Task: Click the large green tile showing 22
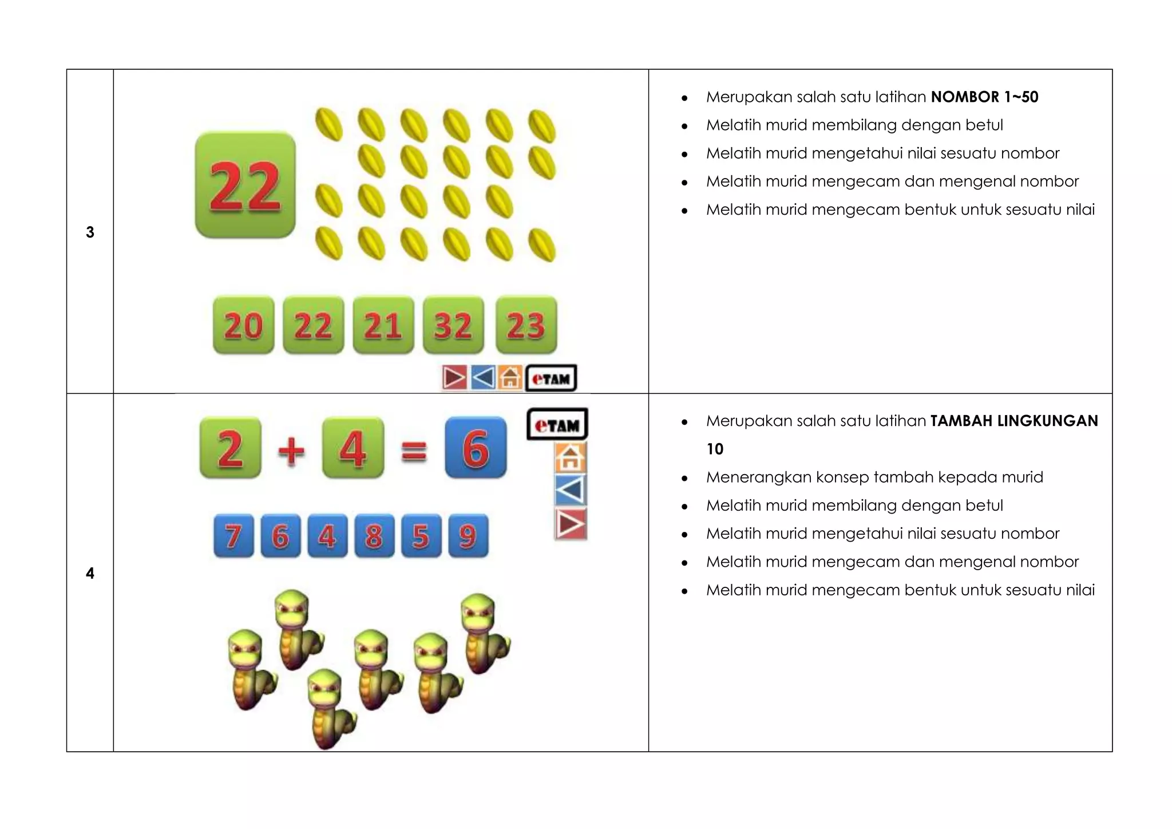[x=245, y=185]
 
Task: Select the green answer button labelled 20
[x=243, y=325]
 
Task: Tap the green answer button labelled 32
[x=453, y=325]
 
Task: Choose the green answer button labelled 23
[x=526, y=325]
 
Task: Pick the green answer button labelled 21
[x=383, y=325]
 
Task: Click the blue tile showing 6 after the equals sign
[x=476, y=448]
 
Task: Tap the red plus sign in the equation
[x=291, y=450]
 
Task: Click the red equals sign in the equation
[x=414, y=451]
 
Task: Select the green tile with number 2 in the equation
[x=230, y=448]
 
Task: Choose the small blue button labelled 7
[x=233, y=536]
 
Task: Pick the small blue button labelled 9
[x=468, y=536]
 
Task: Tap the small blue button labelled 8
[x=374, y=536]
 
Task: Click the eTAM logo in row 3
[x=551, y=378]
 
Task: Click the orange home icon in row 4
[x=570, y=457]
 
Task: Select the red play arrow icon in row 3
[x=454, y=378]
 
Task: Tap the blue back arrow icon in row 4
[x=571, y=490]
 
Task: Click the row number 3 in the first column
[x=90, y=232]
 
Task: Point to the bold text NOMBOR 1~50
[x=984, y=97]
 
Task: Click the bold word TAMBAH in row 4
[x=961, y=421]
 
